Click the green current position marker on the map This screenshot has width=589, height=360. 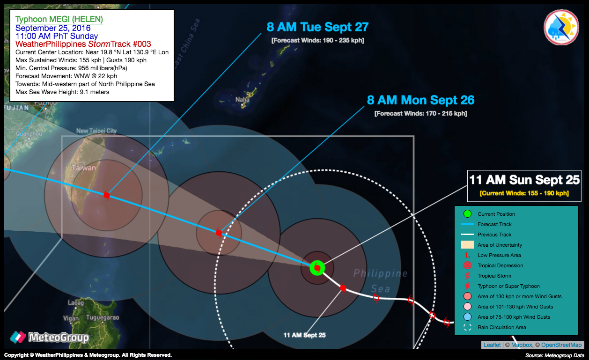317,268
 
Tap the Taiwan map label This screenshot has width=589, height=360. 84,168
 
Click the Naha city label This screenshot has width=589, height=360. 242,100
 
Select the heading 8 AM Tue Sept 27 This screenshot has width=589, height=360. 317,27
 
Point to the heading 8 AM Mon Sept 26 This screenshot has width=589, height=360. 421,100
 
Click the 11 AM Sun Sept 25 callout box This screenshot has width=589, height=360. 524,186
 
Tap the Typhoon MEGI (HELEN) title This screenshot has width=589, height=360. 59,19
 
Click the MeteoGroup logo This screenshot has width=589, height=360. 50,337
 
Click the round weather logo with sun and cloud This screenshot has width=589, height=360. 561,27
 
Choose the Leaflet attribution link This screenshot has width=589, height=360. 492,345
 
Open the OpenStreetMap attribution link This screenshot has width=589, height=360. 561,345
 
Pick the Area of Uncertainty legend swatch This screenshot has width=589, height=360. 467,245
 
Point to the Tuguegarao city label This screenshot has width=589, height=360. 103,318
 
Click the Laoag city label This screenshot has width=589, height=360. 76,303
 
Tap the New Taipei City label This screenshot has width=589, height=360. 96,131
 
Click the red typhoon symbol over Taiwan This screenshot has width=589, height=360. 106,195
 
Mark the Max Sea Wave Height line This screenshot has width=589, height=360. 62,92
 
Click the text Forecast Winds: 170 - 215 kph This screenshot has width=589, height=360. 421,113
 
